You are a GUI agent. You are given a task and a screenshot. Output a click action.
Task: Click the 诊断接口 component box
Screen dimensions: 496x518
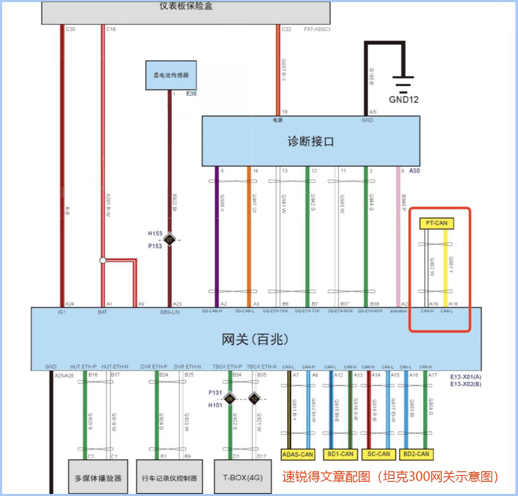(311, 142)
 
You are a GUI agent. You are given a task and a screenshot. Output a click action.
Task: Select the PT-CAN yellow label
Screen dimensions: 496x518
(436, 223)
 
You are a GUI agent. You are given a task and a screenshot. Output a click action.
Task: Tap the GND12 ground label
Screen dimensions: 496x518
(403, 100)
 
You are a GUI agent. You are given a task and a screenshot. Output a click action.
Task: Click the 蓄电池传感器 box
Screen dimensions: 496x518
(171, 75)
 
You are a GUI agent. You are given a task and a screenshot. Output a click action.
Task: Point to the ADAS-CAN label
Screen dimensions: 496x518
(298, 454)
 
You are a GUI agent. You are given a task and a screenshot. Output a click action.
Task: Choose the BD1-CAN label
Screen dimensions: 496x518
(340, 454)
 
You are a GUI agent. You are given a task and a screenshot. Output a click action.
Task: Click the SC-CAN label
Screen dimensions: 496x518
(378, 454)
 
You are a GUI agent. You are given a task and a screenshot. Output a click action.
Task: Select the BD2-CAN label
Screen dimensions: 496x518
(416, 454)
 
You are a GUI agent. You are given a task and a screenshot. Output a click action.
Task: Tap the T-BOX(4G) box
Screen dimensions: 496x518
(243, 478)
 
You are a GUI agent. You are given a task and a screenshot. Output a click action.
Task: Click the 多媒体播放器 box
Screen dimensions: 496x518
(98, 478)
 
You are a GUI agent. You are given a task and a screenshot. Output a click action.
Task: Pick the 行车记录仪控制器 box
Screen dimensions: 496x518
(169, 478)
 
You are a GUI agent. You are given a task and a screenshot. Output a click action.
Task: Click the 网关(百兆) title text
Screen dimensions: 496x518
(255, 339)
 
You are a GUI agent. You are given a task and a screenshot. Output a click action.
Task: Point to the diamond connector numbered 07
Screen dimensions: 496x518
(169, 240)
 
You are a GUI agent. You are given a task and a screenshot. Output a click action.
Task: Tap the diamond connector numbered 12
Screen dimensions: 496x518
(254, 399)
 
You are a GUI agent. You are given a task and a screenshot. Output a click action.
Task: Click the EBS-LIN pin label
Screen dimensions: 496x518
(170, 312)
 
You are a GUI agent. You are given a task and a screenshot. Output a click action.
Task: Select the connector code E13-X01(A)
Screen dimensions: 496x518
(466, 377)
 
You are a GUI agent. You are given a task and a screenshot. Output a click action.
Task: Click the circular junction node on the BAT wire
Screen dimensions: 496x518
(103, 261)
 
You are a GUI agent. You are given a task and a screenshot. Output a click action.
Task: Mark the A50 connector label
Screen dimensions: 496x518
(414, 171)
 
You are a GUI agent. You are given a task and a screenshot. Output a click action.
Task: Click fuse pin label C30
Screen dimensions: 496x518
(70, 29)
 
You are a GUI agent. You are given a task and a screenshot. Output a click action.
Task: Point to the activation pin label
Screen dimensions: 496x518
(398, 311)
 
